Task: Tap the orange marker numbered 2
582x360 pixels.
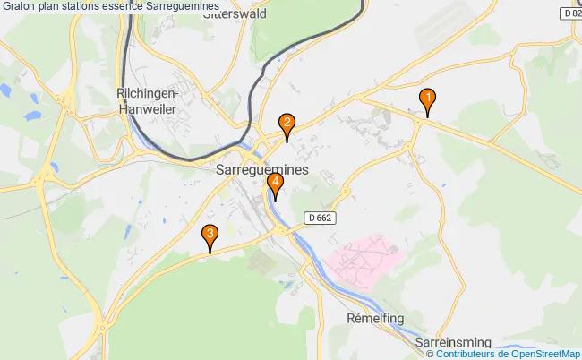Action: tap(287, 124)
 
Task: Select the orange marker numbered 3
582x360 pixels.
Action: tap(210, 236)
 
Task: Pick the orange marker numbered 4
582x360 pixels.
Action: tap(276, 185)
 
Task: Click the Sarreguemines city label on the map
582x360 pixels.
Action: tap(262, 168)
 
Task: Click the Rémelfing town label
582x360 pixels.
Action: tap(373, 318)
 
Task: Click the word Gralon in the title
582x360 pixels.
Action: tap(21, 7)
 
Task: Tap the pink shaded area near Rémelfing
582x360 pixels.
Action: tap(364, 259)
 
